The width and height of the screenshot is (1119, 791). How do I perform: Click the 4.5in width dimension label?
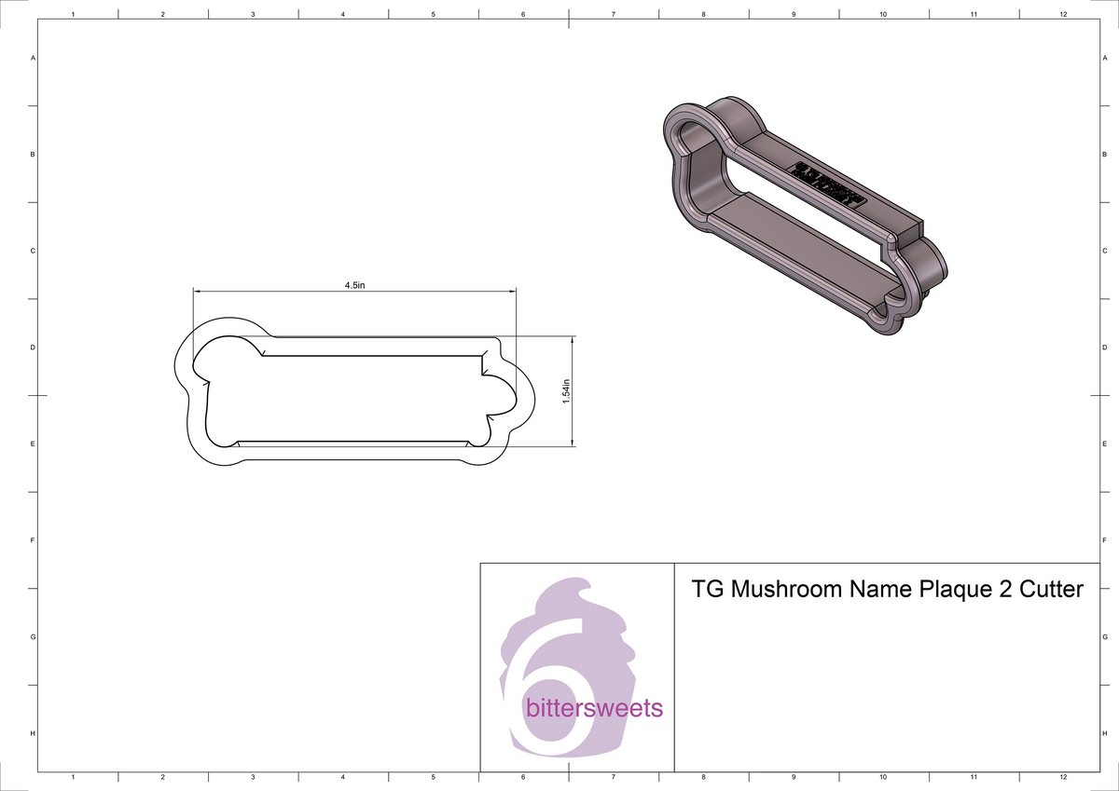pos(354,284)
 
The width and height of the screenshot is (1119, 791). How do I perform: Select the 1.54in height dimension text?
pos(566,391)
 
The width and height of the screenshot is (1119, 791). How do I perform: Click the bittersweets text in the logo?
pos(594,708)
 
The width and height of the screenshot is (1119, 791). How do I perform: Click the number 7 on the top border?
pos(613,14)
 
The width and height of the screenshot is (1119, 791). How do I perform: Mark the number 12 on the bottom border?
pos(1063,776)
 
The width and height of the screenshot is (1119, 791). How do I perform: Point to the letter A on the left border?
pos(34,58)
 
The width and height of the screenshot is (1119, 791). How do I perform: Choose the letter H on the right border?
pos(1104,734)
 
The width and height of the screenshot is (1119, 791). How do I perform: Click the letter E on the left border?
pos(34,443)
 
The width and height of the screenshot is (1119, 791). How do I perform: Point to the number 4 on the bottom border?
pos(343,776)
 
